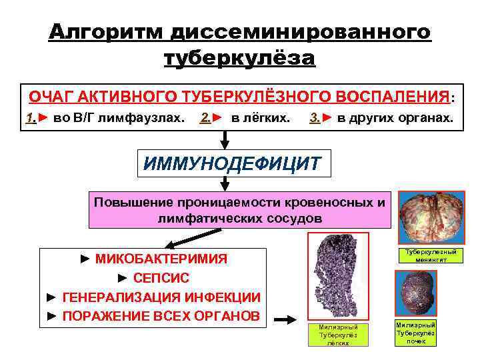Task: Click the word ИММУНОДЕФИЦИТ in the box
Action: pyautogui.click(x=233, y=163)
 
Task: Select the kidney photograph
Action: pyautogui.click(x=417, y=293)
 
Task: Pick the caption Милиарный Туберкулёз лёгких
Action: pyautogui.click(x=338, y=335)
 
